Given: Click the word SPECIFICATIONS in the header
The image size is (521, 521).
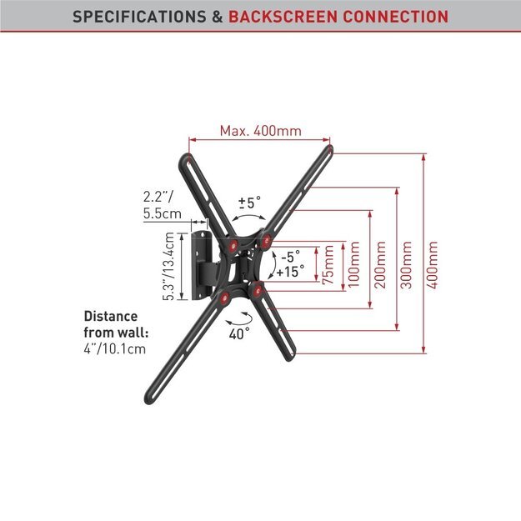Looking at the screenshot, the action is pyautogui.click(x=139, y=17).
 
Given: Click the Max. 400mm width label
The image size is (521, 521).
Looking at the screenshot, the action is pyautogui.click(x=261, y=131).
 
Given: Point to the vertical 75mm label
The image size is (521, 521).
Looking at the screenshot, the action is pyautogui.click(x=328, y=264).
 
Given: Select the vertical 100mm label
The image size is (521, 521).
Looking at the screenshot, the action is pyautogui.click(x=353, y=264).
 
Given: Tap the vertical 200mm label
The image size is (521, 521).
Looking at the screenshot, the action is pyautogui.click(x=380, y=264).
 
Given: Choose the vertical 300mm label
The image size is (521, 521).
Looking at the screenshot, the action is pyautogui.click(x=406, y=264).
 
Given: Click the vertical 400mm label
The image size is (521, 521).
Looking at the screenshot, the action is pyautogui.click(x=433, y=264).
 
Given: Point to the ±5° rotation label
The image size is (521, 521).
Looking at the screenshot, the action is pyautogui.click(x=250, y=203).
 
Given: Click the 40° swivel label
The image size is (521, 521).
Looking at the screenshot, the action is pyautogui.click(x=239, y=333).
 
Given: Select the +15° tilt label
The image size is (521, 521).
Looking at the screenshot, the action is pyautogui.click(x=290, y=272).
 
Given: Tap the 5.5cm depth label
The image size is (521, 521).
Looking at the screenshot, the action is pyautogui.click(x=163, y=213).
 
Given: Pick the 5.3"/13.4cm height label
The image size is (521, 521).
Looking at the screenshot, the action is pyautogui.click(x=168, y=267).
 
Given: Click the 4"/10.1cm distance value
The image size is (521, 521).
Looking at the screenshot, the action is pyautogui.click(x=115, y=349).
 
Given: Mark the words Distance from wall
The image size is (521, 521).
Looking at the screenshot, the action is pyautogui.click(x=116, y=324).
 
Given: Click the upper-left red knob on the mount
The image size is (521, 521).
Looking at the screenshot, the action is pyautogui.click(x=233, y=246).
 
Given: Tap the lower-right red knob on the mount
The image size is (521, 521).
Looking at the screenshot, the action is pyautogui.click(x=258, y=291).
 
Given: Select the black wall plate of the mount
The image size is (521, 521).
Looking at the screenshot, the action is pyautogui.click(x=202, y=265).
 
